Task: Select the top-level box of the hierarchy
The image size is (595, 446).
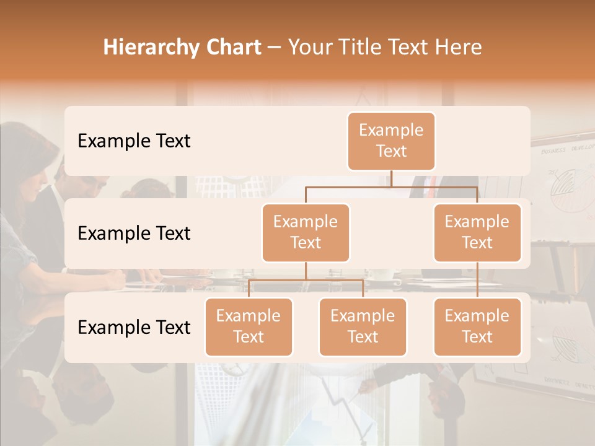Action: [391, 141]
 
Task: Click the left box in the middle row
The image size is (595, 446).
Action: [306, 232]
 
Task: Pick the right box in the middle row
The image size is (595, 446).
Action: [477, 232]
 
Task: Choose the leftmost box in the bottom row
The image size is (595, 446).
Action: [249, 326]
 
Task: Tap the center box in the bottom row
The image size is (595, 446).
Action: [363, 326]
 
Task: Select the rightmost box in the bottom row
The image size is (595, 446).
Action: [477, 326]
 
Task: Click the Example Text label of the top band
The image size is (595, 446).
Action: [134, 141]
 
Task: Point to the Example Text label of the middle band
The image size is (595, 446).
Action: [134, 234]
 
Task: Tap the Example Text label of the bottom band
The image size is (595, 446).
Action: [134, 327]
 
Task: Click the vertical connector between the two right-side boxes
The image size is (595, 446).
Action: [477, 279]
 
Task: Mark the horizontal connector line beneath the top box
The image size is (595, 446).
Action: [391, 186]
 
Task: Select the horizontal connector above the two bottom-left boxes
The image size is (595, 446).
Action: [306, 280]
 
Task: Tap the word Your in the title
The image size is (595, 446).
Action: [308, 48]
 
